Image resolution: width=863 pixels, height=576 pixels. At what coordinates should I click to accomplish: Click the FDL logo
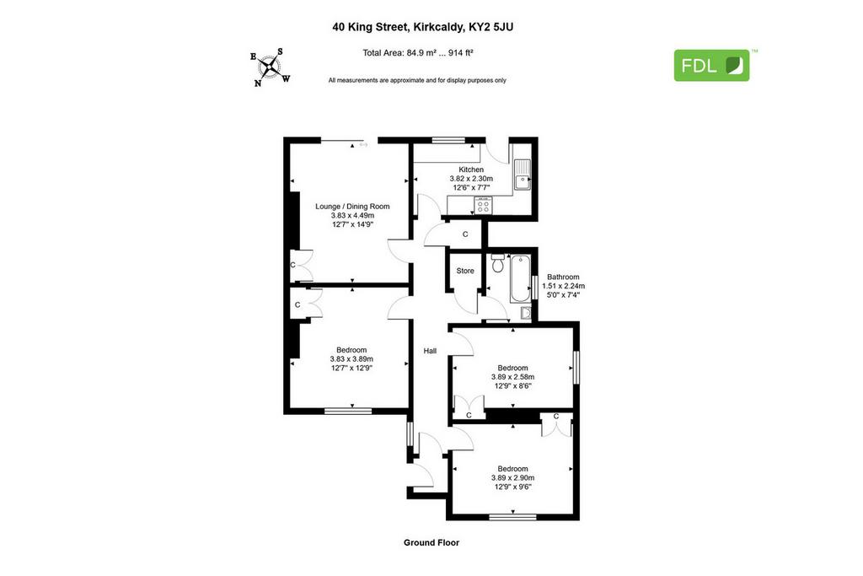[x=711, y=66]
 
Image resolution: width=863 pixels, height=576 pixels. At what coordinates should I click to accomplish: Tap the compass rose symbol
[x=270, y=67]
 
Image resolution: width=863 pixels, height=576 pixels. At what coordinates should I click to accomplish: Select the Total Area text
[x=418, y=53]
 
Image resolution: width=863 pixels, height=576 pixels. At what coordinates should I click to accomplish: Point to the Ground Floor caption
[x=431, y=542]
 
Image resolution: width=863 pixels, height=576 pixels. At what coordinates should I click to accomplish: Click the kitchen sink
[x=523, y=175]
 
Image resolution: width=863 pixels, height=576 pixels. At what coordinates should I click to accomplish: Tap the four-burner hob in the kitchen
[x=483, y=206]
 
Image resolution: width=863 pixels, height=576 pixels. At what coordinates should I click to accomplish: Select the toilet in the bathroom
[x=498, y=263]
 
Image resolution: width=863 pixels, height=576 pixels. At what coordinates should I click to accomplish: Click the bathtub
[x=520, y=278]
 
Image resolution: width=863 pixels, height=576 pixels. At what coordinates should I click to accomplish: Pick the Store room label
[x=465, y=271]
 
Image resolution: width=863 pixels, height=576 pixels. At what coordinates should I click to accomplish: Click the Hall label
[x=430, y=351]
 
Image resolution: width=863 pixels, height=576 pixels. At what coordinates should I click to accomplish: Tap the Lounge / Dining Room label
[x=352, y=207]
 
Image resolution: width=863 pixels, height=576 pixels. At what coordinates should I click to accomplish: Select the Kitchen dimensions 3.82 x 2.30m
[x=471, y=179]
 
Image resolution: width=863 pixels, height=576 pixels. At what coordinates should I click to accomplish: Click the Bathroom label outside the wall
[x=563, y=277]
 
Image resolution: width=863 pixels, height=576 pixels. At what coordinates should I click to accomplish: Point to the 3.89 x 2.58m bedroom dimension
[x=513, y=377]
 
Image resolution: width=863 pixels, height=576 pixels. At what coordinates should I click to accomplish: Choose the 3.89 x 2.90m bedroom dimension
[x=513, y=478]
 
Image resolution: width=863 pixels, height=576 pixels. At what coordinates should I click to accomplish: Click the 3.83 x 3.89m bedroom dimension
[x=351, y=359]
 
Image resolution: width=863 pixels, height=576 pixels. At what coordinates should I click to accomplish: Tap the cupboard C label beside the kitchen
[x=465, y=234]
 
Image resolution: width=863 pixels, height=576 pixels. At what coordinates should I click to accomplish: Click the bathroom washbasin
[x=526, y=314]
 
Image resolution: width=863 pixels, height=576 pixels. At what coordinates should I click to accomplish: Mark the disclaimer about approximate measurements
[x=417, y=80]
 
